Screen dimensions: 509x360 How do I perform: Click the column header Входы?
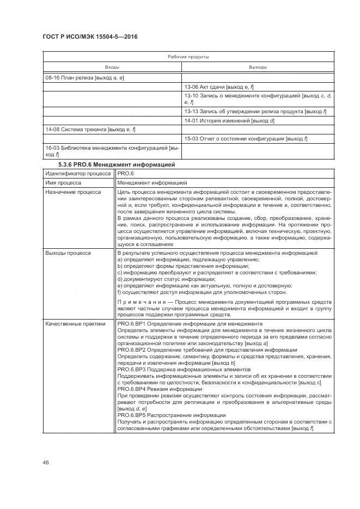click(112, 68)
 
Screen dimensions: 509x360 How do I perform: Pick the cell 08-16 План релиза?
click(84, 78)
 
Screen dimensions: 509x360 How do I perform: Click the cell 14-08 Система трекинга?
click(90, 130)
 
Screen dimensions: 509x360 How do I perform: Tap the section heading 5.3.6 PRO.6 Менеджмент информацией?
click(117, 164)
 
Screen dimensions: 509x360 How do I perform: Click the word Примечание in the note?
click(138, 301)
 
